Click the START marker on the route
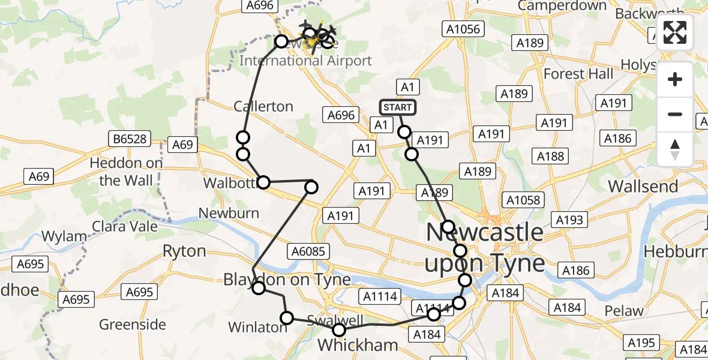(x=397, y=107)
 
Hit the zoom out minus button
(x=675, y=114)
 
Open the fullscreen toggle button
(x=675, y=32)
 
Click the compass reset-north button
(x=675, y=149)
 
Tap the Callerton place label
(x=263, y=106)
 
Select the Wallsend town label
(x=643, y=186)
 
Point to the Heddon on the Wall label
(x=126, y=172)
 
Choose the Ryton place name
(x=184, y=251)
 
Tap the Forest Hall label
(x=578, y=74)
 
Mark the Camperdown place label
(x=562, y=6)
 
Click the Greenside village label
(x=133, y=325)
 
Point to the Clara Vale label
(x=125, y=226)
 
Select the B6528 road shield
(x=128, y=139)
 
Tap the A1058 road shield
(x=523, y=200)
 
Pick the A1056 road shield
(x=463, y=29)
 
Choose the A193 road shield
(x=569, y=220)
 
